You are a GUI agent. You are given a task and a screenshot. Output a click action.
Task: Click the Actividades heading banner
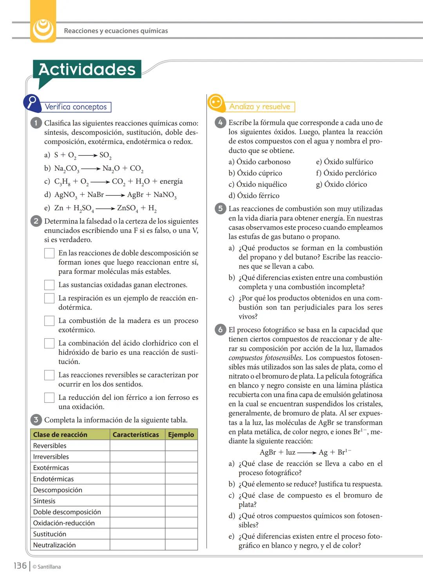point(87,69)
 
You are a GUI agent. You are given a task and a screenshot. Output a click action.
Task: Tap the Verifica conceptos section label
point(76,107)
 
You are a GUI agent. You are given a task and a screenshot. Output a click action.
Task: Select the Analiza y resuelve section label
point(260,107)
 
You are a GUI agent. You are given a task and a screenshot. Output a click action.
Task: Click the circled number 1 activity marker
point(36,123)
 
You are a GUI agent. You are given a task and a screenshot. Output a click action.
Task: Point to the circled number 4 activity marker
point(220,123)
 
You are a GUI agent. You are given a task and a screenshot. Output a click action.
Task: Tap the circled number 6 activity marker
point(220,330)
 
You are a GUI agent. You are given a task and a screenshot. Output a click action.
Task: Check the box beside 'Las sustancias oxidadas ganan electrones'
point(49,285)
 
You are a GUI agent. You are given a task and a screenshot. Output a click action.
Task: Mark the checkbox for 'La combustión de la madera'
point(49,321)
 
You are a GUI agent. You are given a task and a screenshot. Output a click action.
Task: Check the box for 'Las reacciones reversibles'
point(49,375)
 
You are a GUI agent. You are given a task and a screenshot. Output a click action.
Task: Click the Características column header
point(136,434)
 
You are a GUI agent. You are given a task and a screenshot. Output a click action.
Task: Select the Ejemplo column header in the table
point(181,434)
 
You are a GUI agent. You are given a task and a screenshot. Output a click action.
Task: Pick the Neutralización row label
point(54,545)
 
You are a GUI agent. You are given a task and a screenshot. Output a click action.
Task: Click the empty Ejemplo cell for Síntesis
point(181,501)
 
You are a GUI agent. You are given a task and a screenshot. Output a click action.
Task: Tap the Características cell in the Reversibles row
point(137,446)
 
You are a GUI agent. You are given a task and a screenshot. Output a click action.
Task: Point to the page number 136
point(20,566)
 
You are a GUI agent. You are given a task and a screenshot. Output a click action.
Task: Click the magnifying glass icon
point(33,102)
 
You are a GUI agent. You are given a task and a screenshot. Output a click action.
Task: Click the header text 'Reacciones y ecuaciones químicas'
point(116,31)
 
